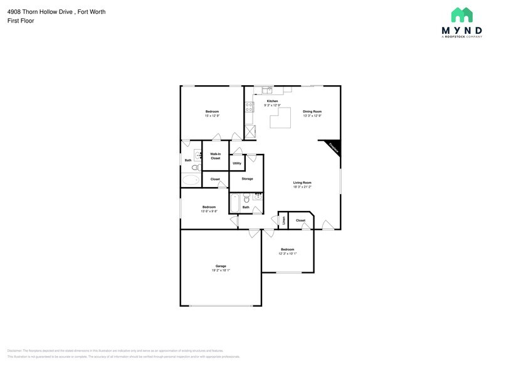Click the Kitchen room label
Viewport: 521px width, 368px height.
coord(272,101)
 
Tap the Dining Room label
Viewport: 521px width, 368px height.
coord(312,111)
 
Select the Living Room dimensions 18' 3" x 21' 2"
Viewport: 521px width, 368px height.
coord(302,187)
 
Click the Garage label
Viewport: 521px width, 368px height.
coord(221,266)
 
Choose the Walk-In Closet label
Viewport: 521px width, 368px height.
coord(215,156)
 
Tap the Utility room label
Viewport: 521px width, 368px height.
coord(237,163)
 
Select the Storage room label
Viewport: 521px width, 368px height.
coord(247,179)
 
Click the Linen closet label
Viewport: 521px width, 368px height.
coord(283,220)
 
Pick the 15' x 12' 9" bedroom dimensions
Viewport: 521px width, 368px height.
coord(212,116)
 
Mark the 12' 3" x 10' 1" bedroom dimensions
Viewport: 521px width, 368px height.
coord(287,253)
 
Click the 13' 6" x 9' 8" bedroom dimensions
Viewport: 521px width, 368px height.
coord(209,212)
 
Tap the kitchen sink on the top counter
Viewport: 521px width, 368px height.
coord(268,91)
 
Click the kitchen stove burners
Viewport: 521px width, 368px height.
coord(249,106)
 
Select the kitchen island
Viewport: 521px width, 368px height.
coord(281,117)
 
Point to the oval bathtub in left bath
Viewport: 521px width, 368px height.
coord(190,180)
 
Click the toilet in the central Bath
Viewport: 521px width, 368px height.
coord(246,200)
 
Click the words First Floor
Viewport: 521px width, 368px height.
coord(21,21)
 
